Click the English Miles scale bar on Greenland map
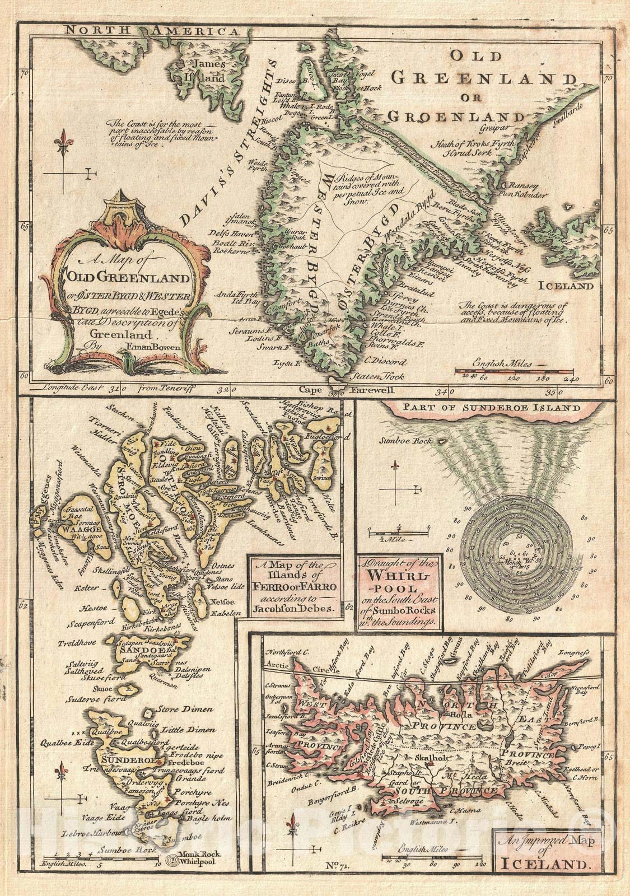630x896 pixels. click(513, 371)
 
